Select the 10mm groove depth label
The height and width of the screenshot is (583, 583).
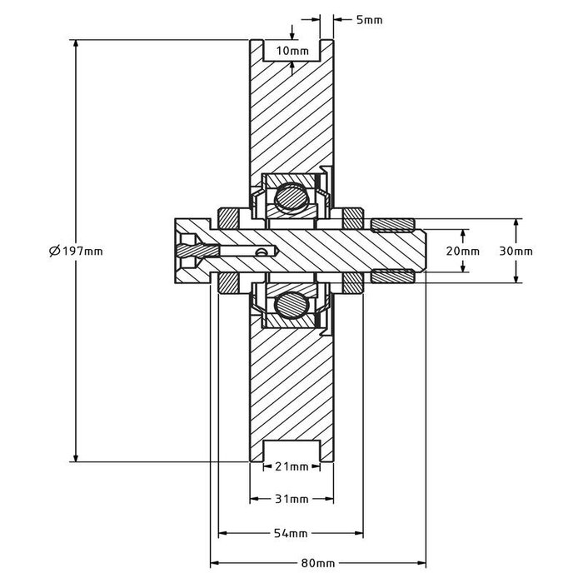pos(291,51)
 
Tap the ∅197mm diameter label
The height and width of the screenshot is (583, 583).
pos(77,251)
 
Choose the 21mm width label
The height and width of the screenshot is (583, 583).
pos(291,466)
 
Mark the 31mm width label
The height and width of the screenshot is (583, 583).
pos(291,499)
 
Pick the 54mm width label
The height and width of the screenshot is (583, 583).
pos(291,532)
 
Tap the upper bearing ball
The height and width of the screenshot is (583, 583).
pos(291,197)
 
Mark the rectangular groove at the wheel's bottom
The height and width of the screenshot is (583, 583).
pos(291,452)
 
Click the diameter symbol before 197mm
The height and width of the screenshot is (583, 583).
pos(53,251)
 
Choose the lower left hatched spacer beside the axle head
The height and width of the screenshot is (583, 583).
pos(227,282)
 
